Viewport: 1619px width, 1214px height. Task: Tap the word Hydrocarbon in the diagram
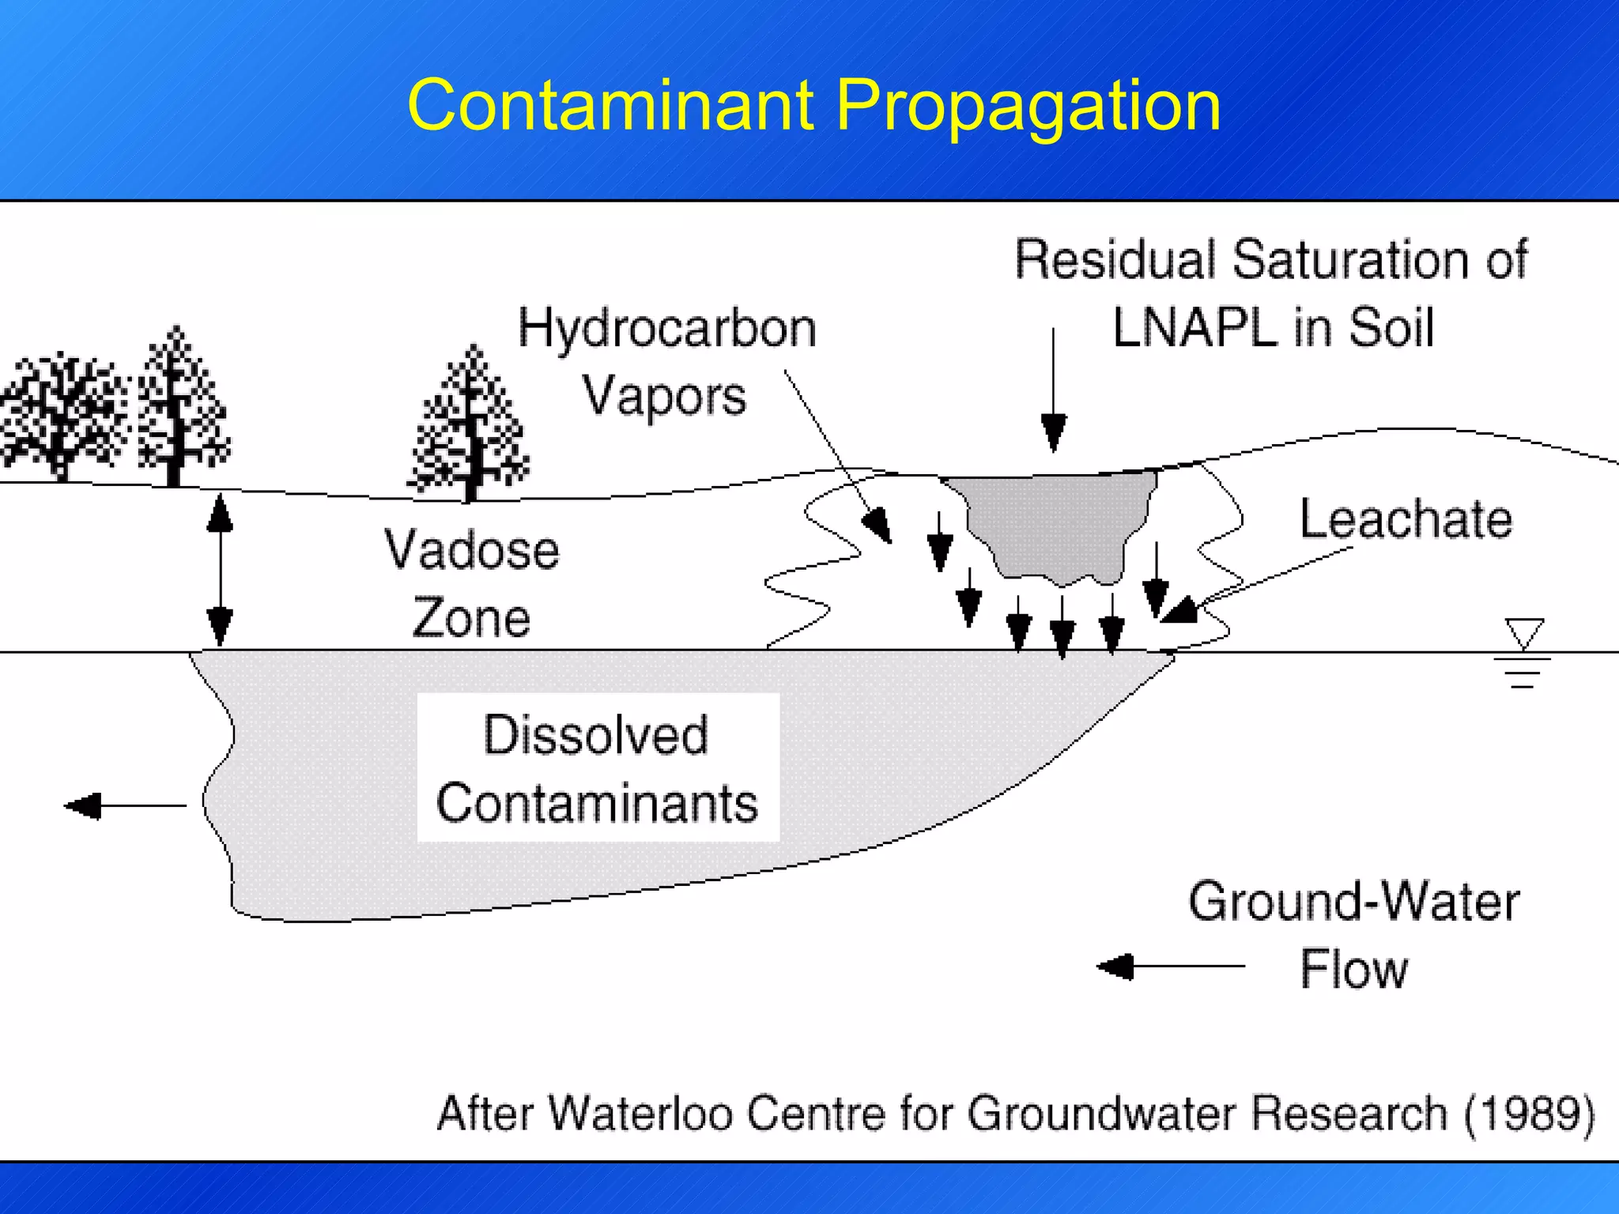click(x=667, y=328)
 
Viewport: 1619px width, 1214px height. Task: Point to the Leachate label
click(x=1406, y=519)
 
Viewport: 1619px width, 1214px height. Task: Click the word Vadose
click(x=472, y=550)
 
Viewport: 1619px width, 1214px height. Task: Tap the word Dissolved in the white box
click(x=595, y=735)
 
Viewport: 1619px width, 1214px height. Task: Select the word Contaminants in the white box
click(x=597, y=803)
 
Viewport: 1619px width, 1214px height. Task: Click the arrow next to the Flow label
click(x=1170, y=966)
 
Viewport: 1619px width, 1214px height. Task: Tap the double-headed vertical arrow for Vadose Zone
click(x=220, y=569)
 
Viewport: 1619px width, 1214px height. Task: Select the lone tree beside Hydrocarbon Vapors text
click(x=470, y=427)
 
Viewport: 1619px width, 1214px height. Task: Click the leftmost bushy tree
click(x=63, y=415)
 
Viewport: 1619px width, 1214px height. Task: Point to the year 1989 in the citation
click(x=1528, y=1114)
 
